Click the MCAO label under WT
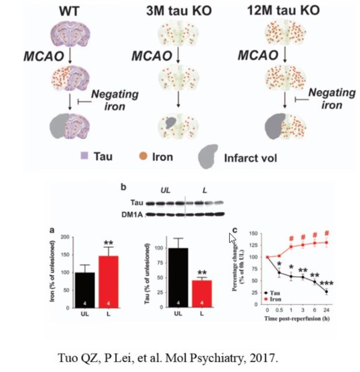coord(44,56)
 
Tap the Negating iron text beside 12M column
coord(331,98)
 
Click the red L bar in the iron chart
coord(108,281)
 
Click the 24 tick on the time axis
coord(326,309)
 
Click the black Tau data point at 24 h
coord(326,292)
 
